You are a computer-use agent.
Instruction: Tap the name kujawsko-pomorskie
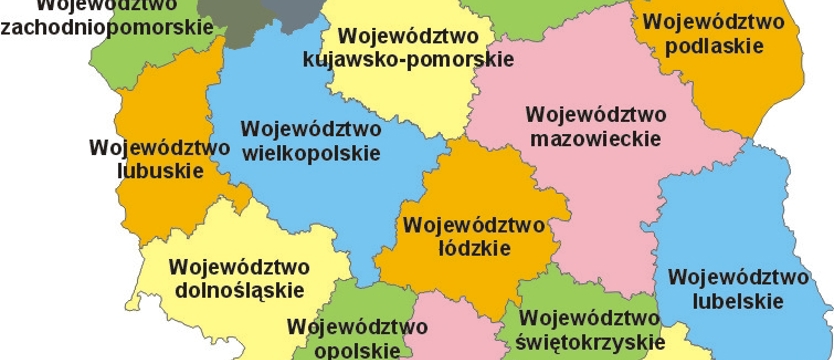[408, 60]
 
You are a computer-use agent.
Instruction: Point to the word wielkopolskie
[311, 154]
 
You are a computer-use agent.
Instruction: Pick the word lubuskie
[146, 170]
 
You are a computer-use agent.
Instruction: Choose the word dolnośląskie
[240, 290]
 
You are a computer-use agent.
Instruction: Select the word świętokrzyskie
[591, 341]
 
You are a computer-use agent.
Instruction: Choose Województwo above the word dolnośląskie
[240, 267]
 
